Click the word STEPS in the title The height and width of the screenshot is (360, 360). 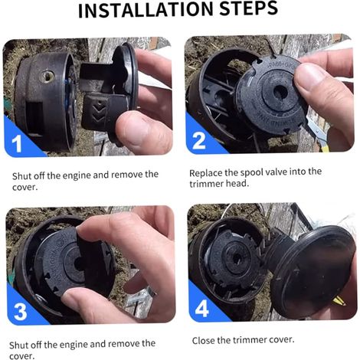248,8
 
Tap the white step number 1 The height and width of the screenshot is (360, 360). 17,144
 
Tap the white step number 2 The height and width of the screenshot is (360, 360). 198,141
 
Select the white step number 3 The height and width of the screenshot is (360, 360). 20,312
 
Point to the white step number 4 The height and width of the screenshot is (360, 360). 201,309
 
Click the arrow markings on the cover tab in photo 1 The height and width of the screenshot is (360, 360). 99,112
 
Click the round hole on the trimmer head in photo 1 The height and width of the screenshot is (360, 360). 47,77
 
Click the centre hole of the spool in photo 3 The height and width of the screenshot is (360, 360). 78,263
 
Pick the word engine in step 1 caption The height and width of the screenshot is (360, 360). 77,175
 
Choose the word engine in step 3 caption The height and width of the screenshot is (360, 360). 74,345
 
